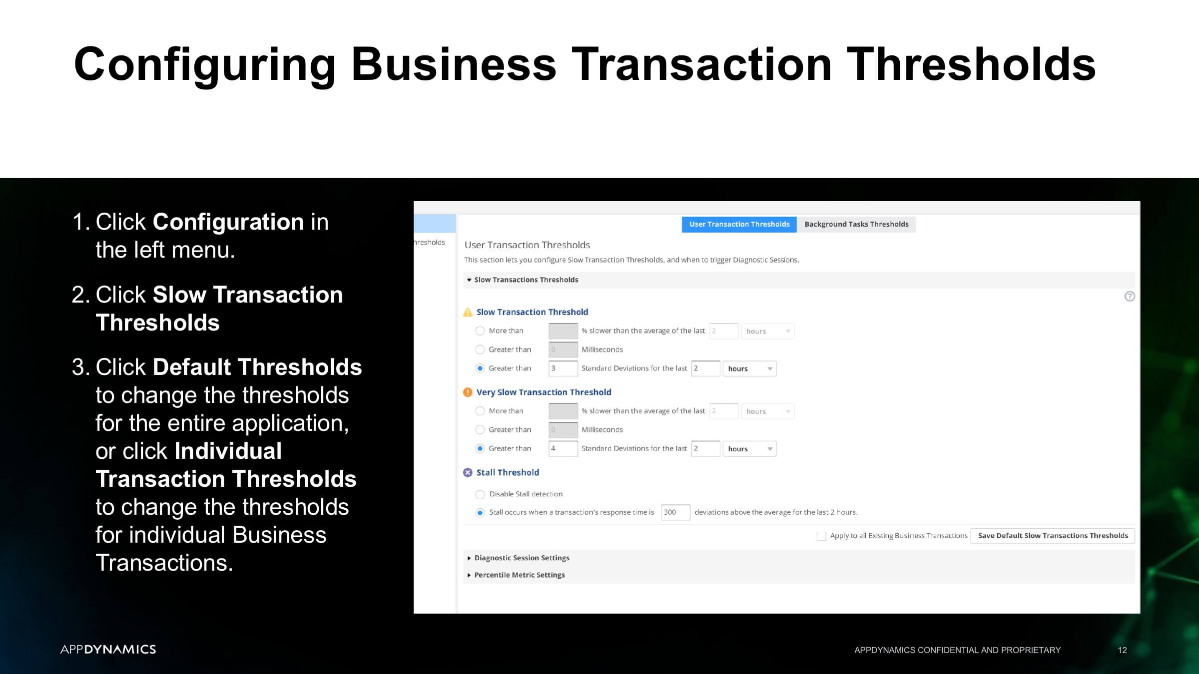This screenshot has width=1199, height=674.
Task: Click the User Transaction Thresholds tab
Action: click(739, 224)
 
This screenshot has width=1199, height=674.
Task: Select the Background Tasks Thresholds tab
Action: click(856, 224)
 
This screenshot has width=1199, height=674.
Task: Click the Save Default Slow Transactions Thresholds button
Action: click(1053, 536)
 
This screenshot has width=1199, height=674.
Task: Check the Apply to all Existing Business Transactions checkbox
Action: click(821, 536)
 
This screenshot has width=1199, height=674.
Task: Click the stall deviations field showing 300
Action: click(675, 512)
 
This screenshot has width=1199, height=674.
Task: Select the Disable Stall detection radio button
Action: click(480, 494)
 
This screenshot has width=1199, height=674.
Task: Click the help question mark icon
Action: click(1130, 297)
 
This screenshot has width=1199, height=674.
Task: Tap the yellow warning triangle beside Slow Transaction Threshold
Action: click(468, 312)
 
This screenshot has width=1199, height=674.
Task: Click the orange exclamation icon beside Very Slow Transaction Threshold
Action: click(468, 392)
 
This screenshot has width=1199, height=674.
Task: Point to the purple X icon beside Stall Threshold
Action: click(468, 473)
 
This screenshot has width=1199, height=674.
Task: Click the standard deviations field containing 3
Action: click(563, 368)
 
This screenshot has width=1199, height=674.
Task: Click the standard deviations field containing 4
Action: click(563, 448)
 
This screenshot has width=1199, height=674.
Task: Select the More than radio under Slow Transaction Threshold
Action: click(480, 331)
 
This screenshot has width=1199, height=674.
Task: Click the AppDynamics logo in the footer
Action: click(108, 649)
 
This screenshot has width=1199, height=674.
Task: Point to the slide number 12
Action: click(1122, 650)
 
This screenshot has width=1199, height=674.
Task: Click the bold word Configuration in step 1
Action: click(228, 222)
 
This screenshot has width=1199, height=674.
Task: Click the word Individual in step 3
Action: click(228, 451)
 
